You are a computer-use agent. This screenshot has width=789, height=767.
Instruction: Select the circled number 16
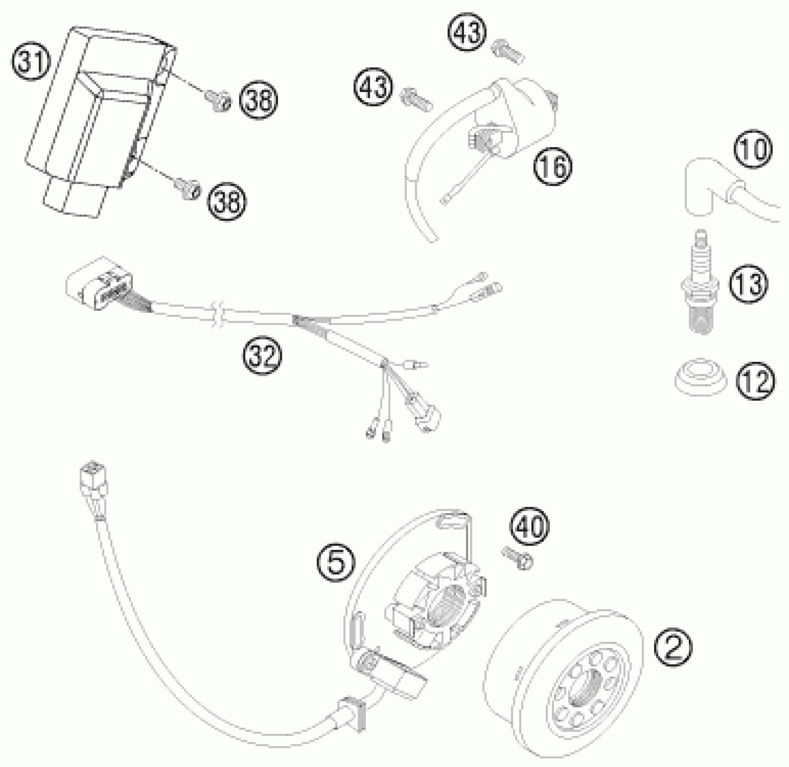click(553, 166)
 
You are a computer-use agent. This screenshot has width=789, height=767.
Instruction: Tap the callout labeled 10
click(753, 149)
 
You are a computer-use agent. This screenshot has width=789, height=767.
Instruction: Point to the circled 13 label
click(748, 284)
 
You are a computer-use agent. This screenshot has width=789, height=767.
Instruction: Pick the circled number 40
click(530, 526)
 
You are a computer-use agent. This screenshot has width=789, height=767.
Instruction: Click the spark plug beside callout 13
click(701, 289)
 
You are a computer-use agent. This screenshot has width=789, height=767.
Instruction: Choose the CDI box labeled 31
click(99, 117)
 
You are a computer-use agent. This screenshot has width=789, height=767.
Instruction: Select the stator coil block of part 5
click(435, 605)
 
